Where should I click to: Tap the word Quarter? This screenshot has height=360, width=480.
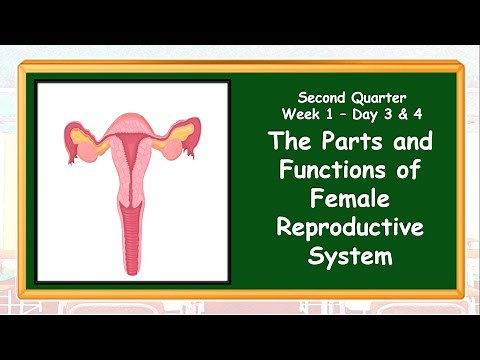[377, 99]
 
